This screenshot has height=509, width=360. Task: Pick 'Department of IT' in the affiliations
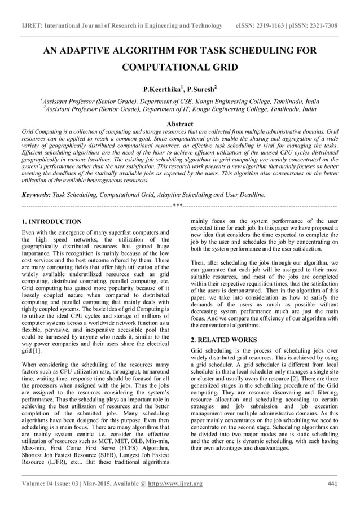(x=179, y=109)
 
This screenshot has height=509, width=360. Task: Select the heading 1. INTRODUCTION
(x=51, y=222)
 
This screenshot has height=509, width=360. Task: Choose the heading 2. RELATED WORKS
(x=224, y=340)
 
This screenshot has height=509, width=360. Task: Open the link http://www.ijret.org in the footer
(x=173, y=484)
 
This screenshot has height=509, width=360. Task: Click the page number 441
(x=332, y=484)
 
